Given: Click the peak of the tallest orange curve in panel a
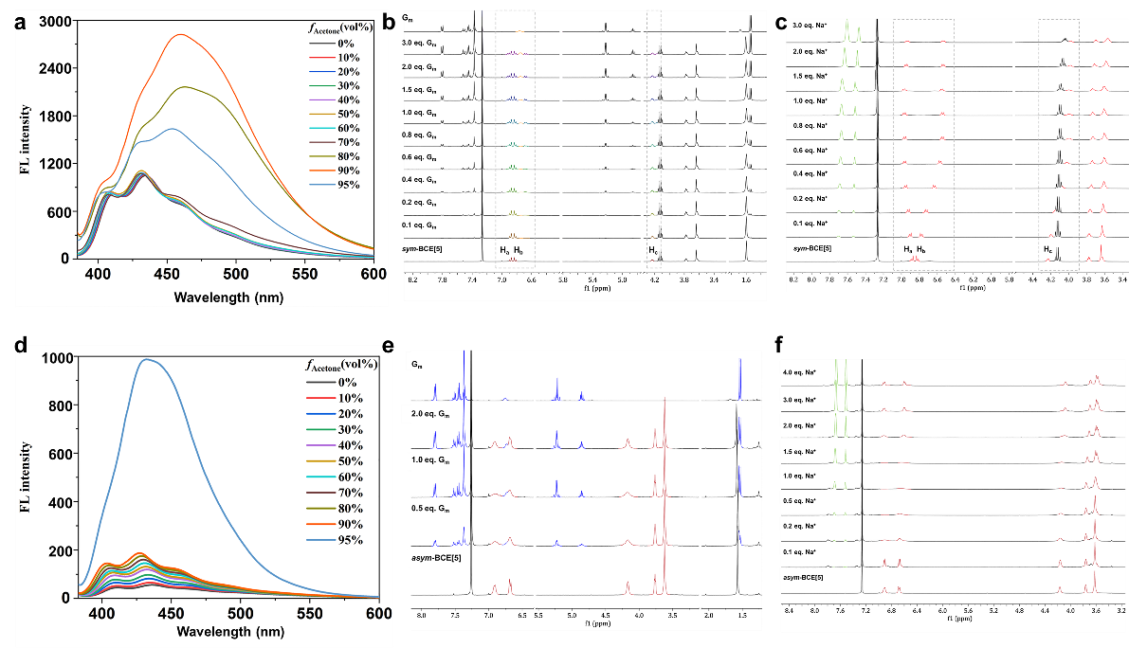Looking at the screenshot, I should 179,35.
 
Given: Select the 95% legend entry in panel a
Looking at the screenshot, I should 344,185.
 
